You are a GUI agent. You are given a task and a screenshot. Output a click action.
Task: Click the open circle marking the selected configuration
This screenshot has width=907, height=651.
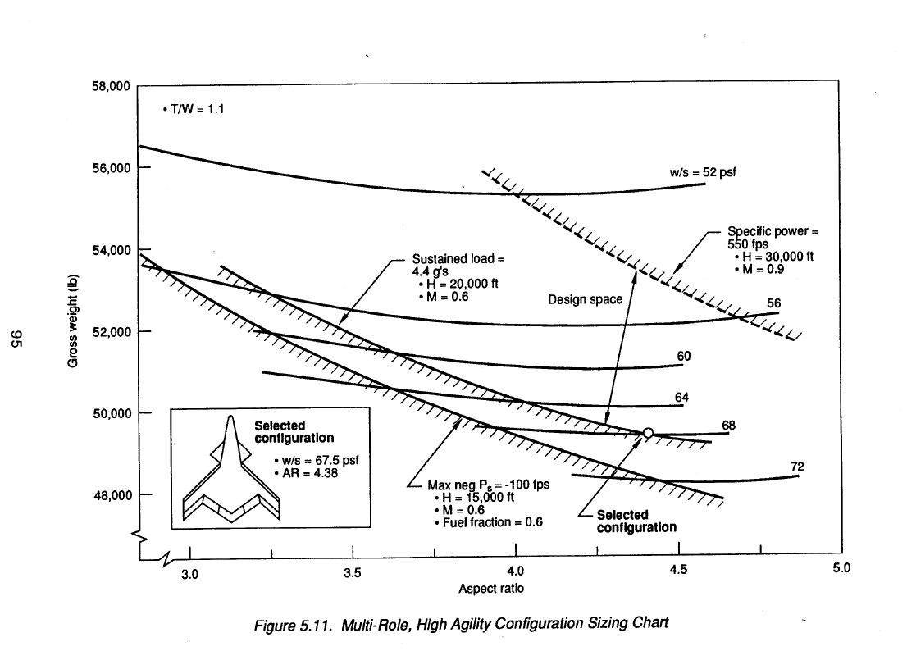pyautogui.click(x=648, y=432)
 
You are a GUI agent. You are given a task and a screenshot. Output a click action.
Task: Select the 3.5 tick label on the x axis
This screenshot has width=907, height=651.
pyautogui.click(x=352, y=573)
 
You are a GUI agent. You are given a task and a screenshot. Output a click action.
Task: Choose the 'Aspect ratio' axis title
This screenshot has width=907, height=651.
pyautogui.click(x=491, y=589)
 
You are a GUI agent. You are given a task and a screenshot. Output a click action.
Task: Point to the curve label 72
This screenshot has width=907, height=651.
pyautogui.click(x=797, y=467)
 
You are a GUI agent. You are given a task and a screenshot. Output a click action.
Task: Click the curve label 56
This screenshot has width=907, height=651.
pyautogui.click(x=773, y=303)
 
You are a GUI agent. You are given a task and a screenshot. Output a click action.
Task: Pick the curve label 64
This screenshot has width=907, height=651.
pyautogui.click(x=681, y=398)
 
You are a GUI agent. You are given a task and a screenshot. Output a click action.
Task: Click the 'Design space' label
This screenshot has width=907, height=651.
pyautogui.click(x=586, y=299)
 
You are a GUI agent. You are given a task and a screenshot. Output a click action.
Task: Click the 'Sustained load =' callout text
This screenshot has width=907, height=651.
pyautogui.click(x=458, y=259)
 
